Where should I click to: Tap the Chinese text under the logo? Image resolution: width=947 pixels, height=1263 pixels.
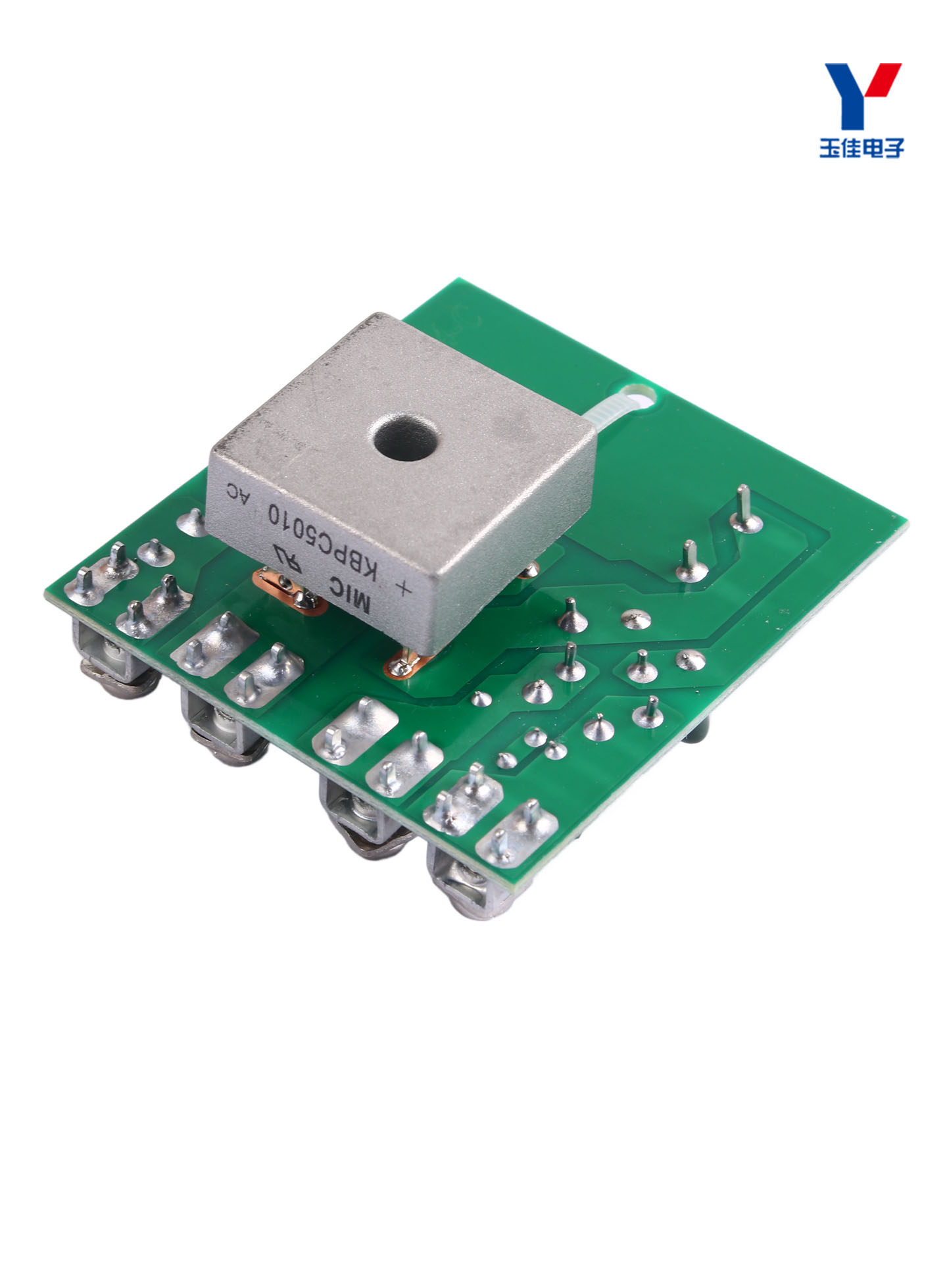click(x=862, y=147)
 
